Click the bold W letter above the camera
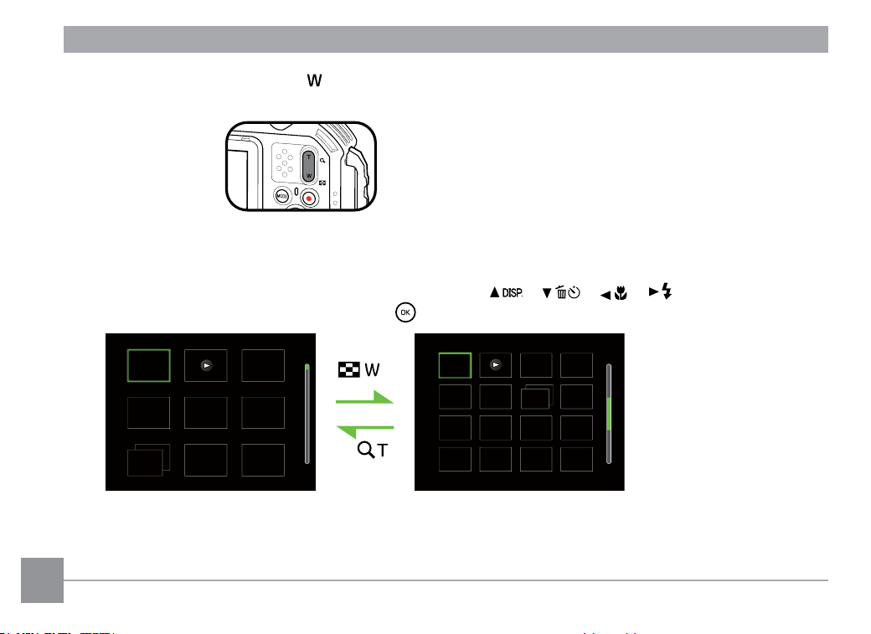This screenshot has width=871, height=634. click(x=314, y=80)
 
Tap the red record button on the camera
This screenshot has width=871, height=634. click(x=309, y=198)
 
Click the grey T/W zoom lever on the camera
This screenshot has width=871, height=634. click(x=308, y=166)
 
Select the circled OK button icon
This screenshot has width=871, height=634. click(x=405, y=312)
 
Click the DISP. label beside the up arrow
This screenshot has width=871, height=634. click(x=513, y=293)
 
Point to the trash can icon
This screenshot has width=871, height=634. click(x=561, y=292)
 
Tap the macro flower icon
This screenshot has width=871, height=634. click(x=621, y=293)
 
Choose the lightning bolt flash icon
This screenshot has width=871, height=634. click(x=667, y=291)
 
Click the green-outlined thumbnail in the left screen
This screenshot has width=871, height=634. click(x=149, y=366)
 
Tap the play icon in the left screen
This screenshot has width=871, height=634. click(x=207, y=366)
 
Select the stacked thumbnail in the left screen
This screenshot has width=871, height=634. click(x=148, y=460)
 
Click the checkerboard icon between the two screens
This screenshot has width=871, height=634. click(x=349, y=369)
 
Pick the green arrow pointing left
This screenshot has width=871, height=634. click(x=365, y=430)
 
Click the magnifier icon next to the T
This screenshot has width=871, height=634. click(x=365, y=450)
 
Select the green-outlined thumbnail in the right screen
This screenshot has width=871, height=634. click(x=455, y=366)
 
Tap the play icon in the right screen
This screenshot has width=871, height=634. click(x=496, y=365)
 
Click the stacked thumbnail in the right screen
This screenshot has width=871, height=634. click(x=537, y=397)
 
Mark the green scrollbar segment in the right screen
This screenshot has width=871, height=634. click(x=609, y=414)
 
